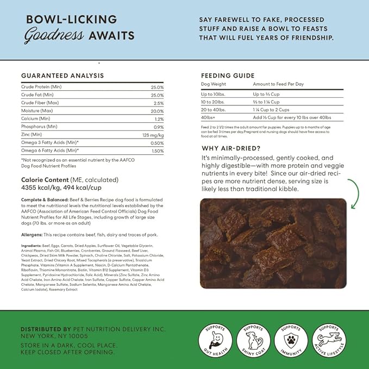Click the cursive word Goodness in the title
click(53, 36)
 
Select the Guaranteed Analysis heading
click(62, 76)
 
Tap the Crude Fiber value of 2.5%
click(158, 103)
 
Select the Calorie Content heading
click(70, 179)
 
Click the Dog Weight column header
click(214, 85)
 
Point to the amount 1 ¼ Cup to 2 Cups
click(273, 109)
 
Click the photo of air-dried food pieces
click(273, 243)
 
